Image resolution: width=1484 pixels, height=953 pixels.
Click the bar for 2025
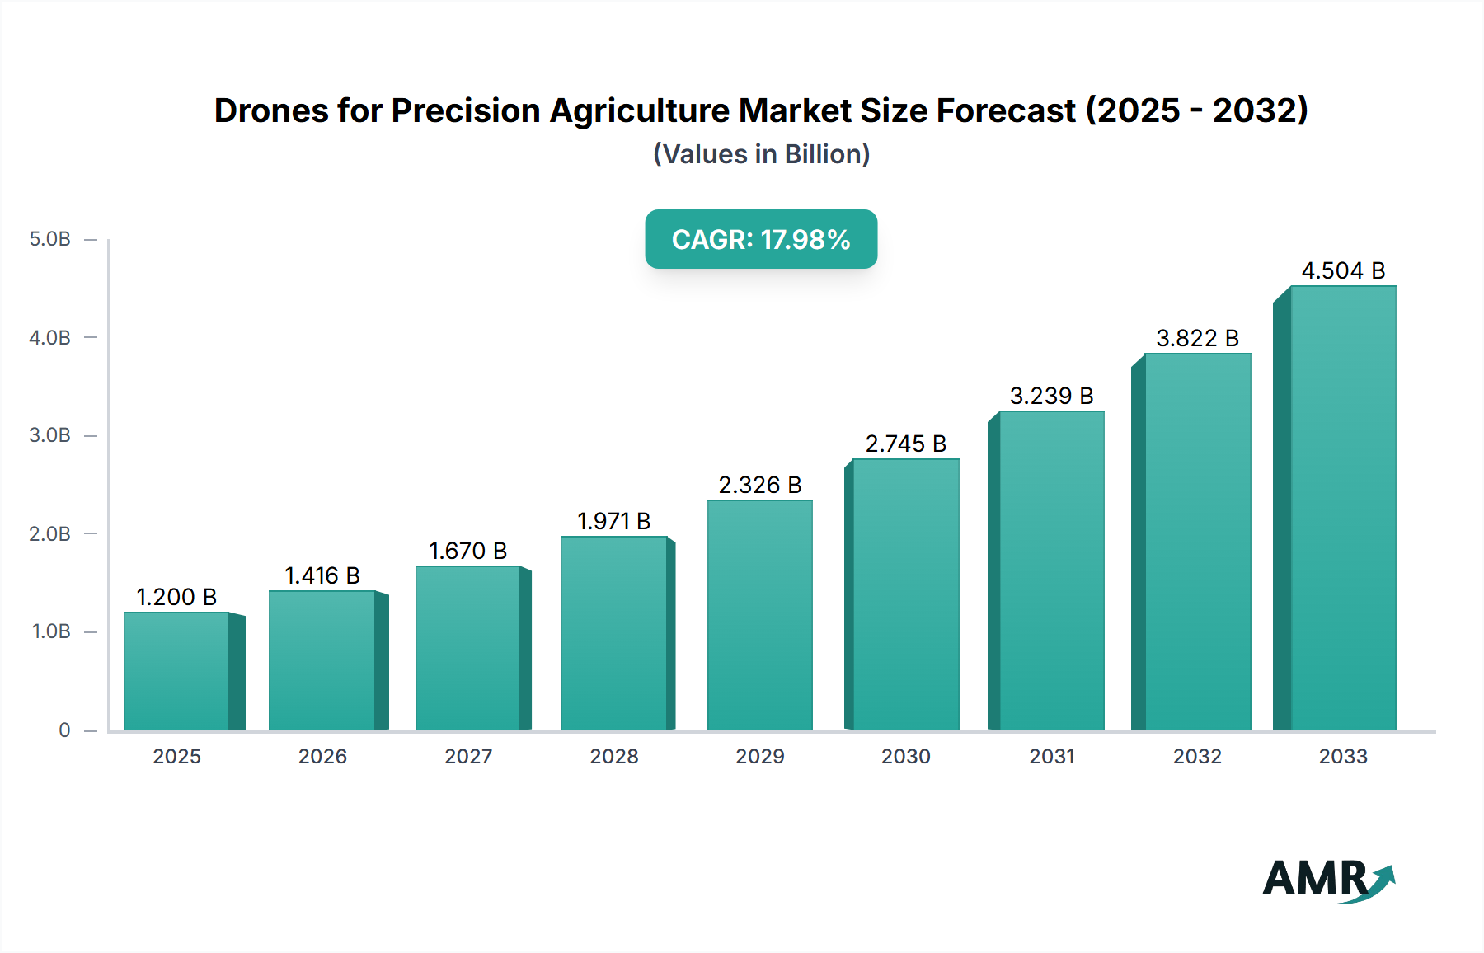point(176,671)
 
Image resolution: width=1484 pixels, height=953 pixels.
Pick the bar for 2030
point(906,594)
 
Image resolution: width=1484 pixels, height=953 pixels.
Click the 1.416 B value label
point(322,575)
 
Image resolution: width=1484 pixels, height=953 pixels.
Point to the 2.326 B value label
point(760,485)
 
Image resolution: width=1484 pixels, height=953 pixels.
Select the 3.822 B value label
point(1197,338)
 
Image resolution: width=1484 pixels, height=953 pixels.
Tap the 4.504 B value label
point(1343,270)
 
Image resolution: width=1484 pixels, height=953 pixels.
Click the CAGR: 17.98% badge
point(761,239)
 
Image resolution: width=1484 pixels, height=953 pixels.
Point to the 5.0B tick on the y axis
point(50,239)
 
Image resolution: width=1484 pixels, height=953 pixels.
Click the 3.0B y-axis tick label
point(50,435)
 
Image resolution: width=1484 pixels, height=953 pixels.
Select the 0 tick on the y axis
point(64,730)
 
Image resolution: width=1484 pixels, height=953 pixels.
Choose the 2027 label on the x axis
point(468,756)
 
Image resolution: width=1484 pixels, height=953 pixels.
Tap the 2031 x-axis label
point(1052,756)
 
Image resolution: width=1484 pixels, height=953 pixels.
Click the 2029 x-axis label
point(760,756)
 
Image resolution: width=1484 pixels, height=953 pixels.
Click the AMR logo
point(1328,880)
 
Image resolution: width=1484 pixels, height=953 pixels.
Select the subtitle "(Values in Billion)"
point(761,154)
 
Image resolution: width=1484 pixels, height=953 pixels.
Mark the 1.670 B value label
point(468,551)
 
